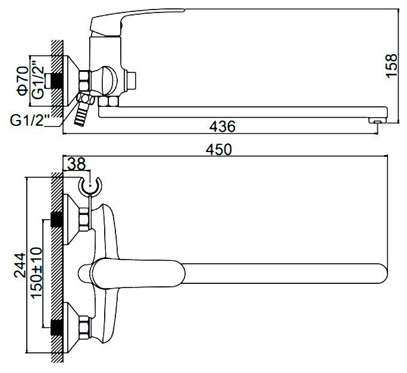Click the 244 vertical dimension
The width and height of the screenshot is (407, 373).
point(21,266)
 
